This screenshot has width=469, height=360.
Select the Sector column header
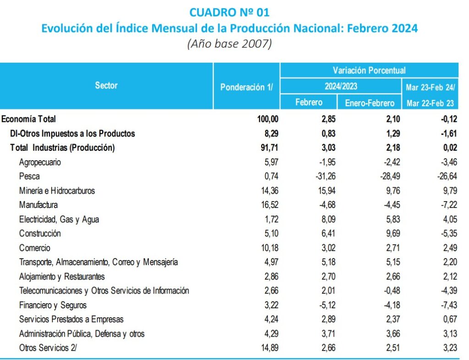pyautogui.click(x=106, y=85)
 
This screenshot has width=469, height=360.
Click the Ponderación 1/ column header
pyautogui.click(x=246, y=87)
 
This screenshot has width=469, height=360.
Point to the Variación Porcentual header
pyautogui.click(x=369, y=71)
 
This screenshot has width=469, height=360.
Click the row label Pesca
pyautogui.click(x=29, y=176)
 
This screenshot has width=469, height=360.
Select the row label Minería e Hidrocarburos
pyautogui.click(x=57, y=190)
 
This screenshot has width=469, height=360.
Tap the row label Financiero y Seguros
pyautogui.click(x=53, y=305)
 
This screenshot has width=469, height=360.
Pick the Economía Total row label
pyautogui.click(x=28, y=119)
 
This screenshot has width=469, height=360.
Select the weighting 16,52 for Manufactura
pyautogui.click(x=268, y=205)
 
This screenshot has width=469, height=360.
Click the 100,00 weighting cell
pyautogui.click(x=266, y=119)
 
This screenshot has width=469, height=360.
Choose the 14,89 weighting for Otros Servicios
pyautogui.click(x=268, y=348)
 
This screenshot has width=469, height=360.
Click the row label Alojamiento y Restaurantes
pyautogui.click(x=62, y=276)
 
